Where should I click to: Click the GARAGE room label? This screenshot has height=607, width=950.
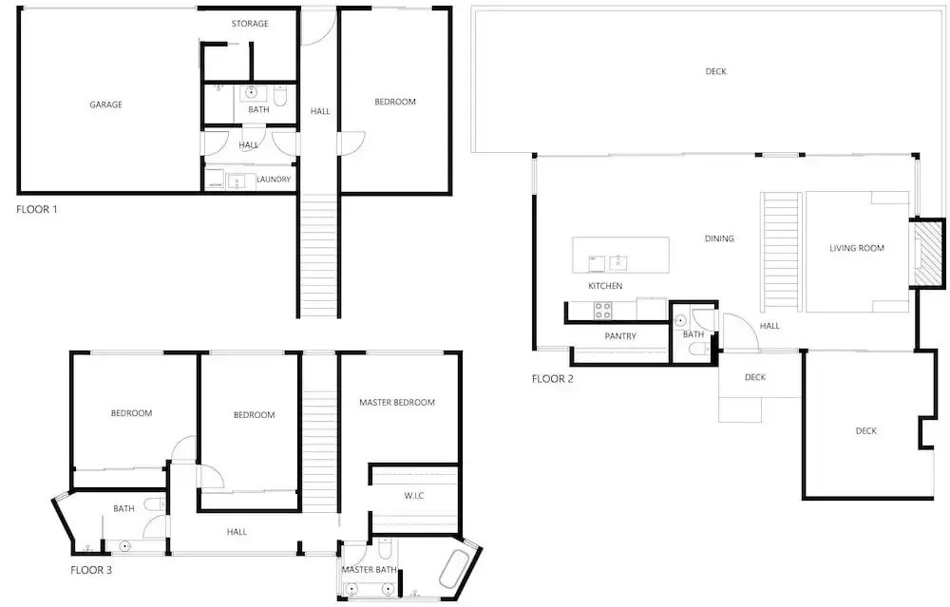pos(106,104)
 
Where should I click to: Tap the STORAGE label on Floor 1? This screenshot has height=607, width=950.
pos(250,24)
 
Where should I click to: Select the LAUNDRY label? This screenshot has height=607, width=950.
pos(274,180)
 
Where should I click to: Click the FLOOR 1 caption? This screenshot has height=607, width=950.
pos(36,210)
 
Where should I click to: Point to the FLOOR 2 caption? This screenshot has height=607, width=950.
pos(553,379)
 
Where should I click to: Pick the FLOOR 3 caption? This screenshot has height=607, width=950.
pos(91,570)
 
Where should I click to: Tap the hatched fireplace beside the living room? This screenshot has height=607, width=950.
pos(926,253)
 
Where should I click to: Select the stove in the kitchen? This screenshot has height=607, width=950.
pos(603,311)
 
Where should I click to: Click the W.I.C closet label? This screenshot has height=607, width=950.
pos(414,496)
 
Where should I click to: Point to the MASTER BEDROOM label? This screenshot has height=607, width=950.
pos(397,402)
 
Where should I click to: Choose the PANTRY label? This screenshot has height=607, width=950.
pos(620,336)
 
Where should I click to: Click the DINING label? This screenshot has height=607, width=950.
pos(719,238)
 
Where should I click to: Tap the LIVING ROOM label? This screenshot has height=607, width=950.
pos(857,248)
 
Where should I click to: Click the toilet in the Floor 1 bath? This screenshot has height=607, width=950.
pos(280,96)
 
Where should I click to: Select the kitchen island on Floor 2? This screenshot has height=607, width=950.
pos(621,255)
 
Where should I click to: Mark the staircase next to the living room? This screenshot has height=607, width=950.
pos(782,252)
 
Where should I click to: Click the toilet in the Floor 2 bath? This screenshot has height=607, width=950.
pos(698,349)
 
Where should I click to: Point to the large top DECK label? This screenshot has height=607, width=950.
pos(715,71)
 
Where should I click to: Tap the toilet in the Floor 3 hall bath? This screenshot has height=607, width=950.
pos(154,504)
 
